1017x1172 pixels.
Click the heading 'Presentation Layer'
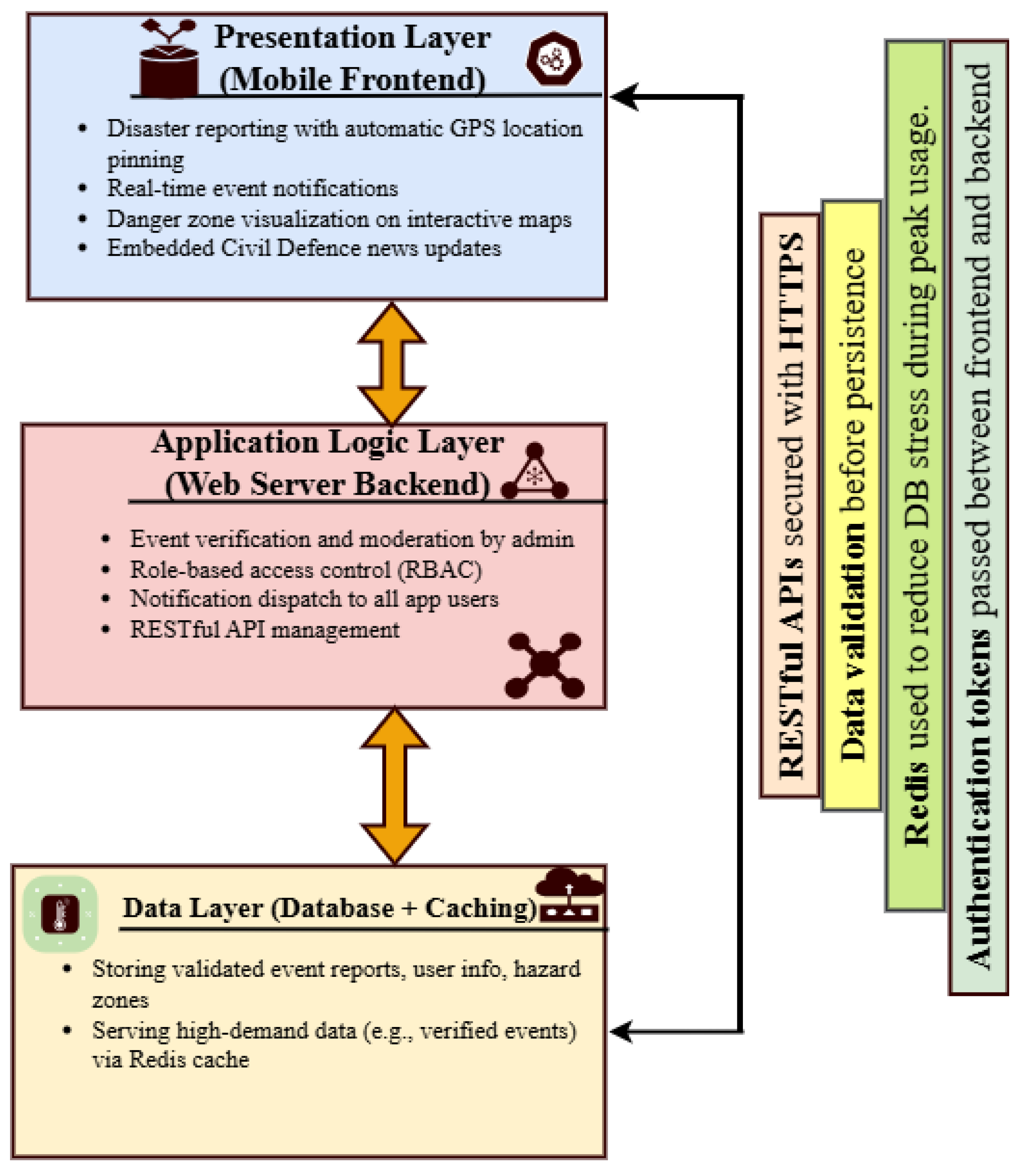pyautogui.click(x=353, y=37)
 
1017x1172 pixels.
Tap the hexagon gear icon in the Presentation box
pyautogui.click(x=554, y=58)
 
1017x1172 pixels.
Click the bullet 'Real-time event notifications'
pyautogui.click(x=253, y=188)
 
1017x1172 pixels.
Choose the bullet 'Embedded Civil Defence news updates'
pyautogui.click(x=304, y=249)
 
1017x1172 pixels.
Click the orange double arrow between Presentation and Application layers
pyautogui.click(x=392, y=363)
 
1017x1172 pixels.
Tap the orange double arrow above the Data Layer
pyautogui.click(x=394, y=786)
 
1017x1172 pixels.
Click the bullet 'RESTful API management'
pyautogui.click(x=264, y=630)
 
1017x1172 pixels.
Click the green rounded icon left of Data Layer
pyautogui.click(x=60, y=913)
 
